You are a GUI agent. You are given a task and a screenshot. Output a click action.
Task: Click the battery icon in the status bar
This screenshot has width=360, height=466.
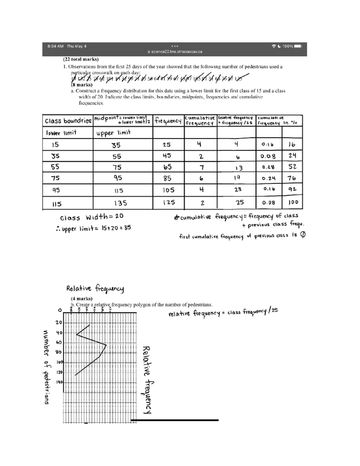pos(298,46)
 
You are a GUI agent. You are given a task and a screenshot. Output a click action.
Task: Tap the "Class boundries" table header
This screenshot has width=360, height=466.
pos(68,121)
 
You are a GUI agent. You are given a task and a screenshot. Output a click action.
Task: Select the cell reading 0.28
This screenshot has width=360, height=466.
pos(268,167)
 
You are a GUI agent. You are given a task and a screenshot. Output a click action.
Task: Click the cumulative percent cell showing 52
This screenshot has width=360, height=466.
pos(292,167)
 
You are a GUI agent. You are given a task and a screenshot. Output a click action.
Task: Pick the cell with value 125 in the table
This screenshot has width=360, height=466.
pos(169,203)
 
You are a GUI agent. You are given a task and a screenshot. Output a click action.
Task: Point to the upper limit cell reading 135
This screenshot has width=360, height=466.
pos(120,203)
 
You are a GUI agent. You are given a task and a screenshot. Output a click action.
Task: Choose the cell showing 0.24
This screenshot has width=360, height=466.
pos(268,178)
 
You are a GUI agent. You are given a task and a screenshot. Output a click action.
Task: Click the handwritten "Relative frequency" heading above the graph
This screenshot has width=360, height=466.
pos(95,289)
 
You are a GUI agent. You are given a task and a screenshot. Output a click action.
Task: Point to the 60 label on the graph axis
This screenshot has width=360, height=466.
pos(59,342)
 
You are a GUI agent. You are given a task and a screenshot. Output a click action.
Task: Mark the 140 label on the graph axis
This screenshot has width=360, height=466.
pos(59,382)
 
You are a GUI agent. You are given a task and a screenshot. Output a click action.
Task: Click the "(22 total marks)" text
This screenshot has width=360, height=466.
pos(81,59)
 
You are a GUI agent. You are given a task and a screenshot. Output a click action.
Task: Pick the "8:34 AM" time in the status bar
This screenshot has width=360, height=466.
pos(55,46)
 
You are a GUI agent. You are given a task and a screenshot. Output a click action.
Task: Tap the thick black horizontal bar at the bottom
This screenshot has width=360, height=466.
pos(175,420)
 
